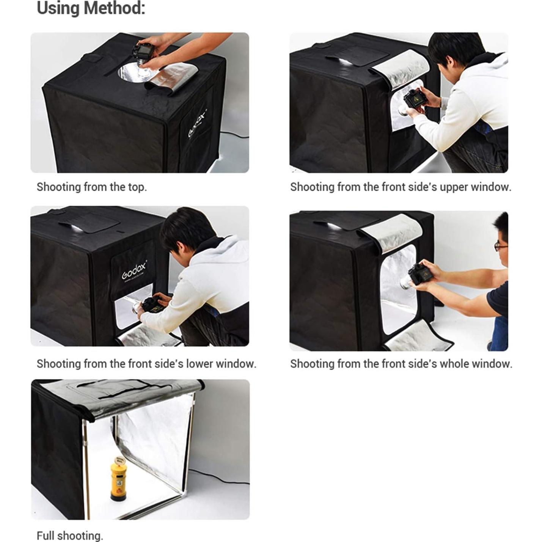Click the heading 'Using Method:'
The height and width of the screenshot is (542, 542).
click(x=91, y=8)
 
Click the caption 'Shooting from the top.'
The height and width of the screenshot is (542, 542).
click(x=91, y=187)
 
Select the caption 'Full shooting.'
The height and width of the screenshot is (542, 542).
click(x=70, y=536)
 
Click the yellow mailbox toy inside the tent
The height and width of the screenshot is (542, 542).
click(x=119, y=479)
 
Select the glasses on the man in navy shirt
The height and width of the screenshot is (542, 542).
click(x=500, y=247)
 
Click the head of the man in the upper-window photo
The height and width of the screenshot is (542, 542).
click(x=455, y=49)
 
